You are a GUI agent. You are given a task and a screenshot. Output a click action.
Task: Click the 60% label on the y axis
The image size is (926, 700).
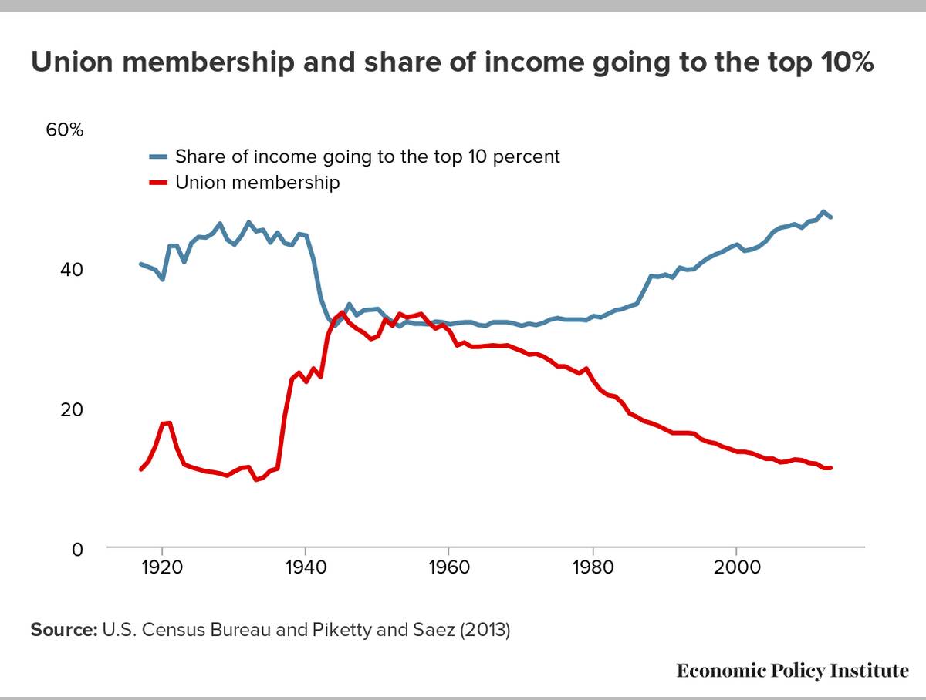tap(65, 130)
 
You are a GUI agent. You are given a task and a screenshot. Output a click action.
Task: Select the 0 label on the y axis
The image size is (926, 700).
tap(76, 550)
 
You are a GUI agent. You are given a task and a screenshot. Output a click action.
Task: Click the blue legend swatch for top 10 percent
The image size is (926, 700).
tap(158, 157)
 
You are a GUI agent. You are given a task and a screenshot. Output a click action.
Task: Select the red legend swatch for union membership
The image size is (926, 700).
tap(158, 183)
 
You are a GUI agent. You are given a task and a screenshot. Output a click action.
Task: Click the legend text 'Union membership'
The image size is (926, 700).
tap(257, 183)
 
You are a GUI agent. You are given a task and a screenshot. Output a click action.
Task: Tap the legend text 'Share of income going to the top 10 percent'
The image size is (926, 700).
tap(367, 156)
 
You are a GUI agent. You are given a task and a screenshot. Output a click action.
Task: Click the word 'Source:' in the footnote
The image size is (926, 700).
tap(63, 630)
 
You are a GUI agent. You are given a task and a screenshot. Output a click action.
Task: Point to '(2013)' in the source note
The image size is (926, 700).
tap(485, 630)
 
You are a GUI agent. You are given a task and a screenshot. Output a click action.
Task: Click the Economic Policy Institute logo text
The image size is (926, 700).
tap(793, 671)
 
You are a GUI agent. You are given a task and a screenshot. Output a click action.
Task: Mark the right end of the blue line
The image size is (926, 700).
tap(830, 217)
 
